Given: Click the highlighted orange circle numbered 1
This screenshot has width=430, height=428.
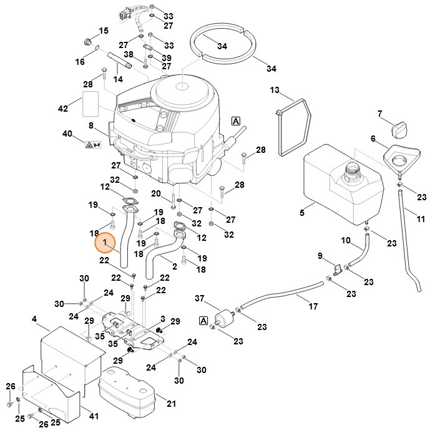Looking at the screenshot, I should click(105, 242).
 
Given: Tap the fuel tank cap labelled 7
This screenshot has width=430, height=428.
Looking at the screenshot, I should click(398, 130).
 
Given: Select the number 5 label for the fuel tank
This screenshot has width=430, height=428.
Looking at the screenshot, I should click(301, 213).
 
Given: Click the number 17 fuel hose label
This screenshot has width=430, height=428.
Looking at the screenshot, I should click(313, 307).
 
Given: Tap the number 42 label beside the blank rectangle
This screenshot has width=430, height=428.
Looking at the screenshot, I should click(62, 109).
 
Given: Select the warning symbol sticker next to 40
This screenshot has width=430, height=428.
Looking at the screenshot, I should click(90, 145).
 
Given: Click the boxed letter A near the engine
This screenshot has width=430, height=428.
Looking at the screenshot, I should click(236, 121).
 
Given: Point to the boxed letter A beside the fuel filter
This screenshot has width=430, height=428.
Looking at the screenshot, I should click(203, 321).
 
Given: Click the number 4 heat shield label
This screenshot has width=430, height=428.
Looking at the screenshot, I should click(34, 319).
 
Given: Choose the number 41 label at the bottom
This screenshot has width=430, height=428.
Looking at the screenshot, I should click(94, 416).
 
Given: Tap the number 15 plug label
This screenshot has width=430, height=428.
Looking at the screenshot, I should click(104, 31).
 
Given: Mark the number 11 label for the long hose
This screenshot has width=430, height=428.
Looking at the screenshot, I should click(421, 219).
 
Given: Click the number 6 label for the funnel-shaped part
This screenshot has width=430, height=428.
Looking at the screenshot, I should click(373, 139).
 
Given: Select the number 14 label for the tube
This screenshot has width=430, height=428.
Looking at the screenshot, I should click(118, 79).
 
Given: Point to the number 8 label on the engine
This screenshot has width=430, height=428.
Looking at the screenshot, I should click(90, 126).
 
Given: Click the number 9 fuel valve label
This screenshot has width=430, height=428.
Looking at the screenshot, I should click(320, 256).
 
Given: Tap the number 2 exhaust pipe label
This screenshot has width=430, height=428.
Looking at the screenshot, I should click(175, 266).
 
